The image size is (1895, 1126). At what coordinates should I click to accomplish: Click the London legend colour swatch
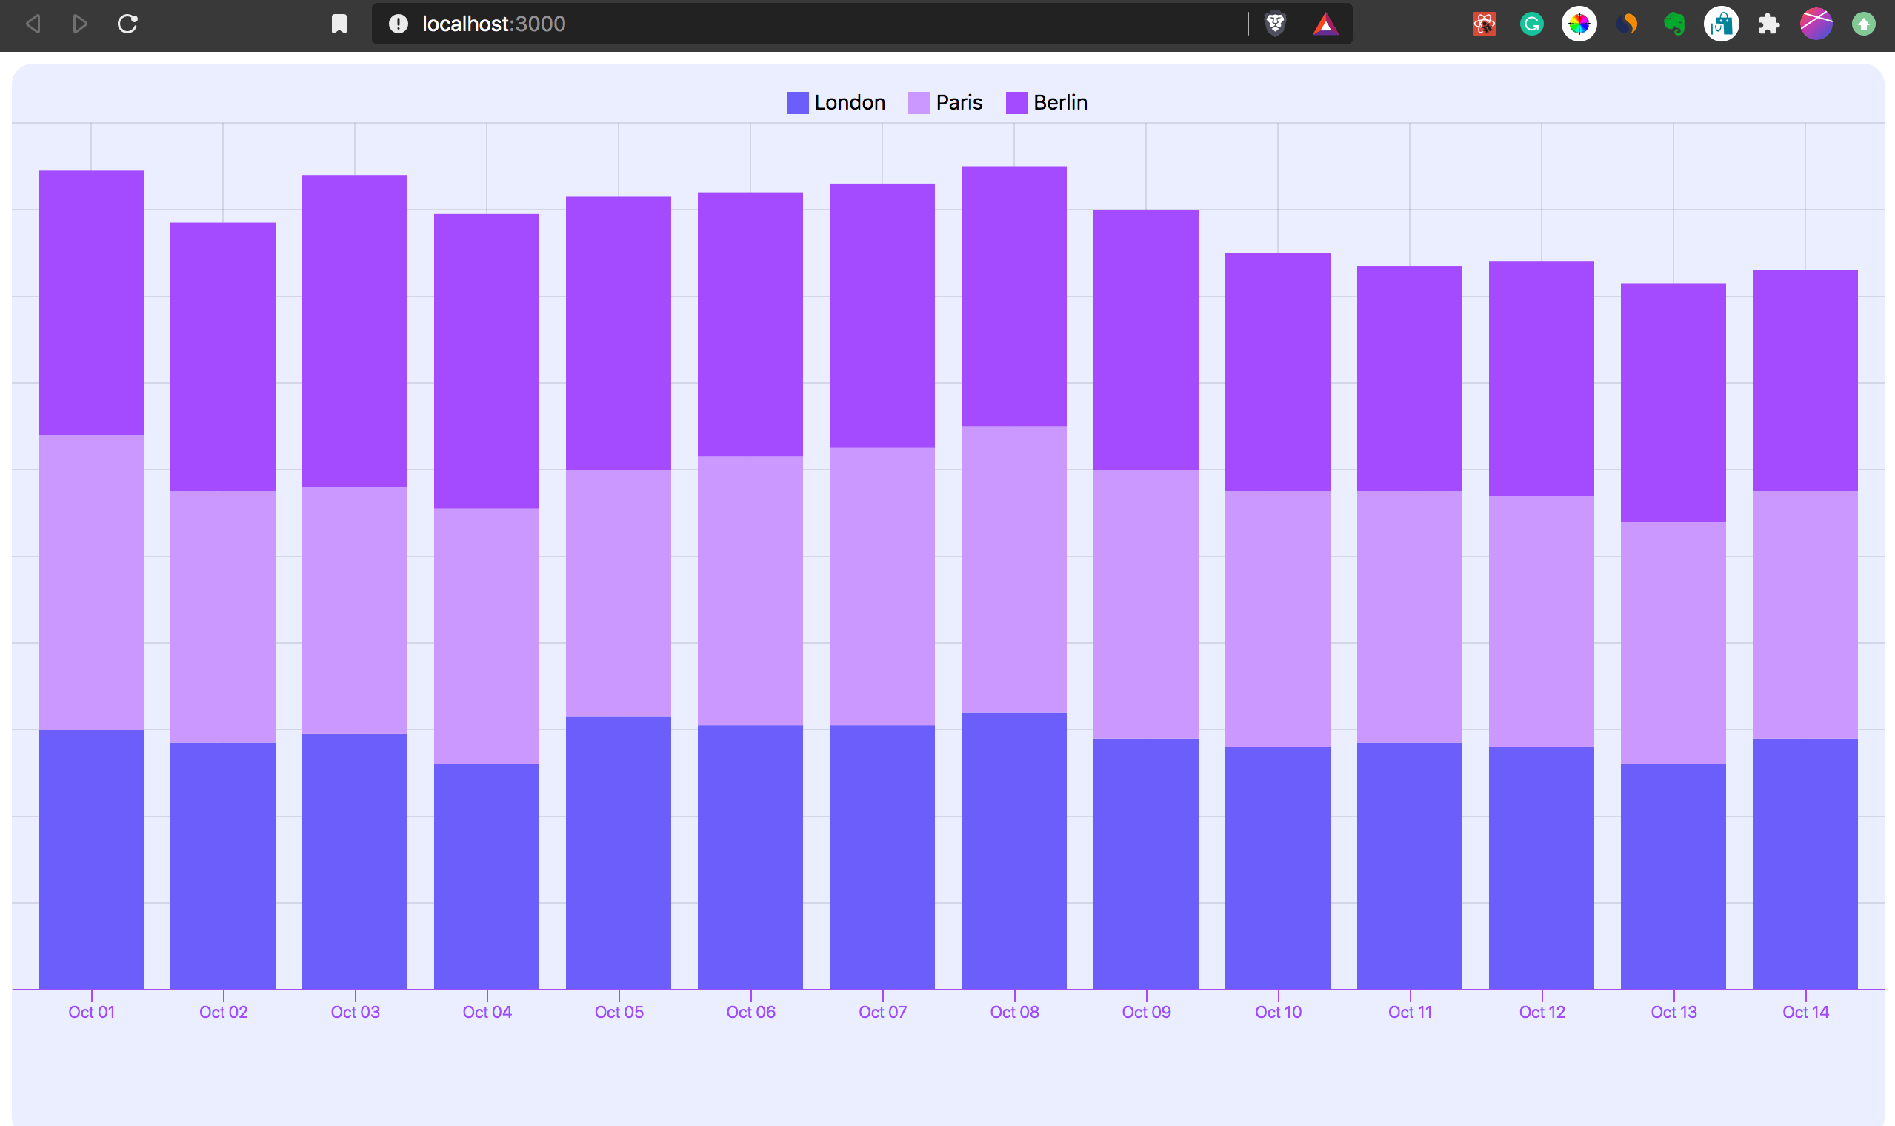click(797, 102)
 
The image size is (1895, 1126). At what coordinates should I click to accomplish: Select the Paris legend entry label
click(959, 102)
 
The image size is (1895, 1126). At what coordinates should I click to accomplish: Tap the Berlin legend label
click(1060, 102)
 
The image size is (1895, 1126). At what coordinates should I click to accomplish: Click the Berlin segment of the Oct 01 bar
click(91, 303)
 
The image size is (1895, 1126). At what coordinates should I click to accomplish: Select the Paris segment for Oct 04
click(486, 636)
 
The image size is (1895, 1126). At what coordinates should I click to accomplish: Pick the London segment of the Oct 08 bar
click(1013, 850)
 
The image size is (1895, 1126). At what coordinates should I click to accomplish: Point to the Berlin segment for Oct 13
click(1673, 402)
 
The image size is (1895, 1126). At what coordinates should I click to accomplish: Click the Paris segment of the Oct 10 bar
click(1277, 619)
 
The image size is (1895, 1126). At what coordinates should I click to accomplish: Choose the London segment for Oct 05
click(619, 853)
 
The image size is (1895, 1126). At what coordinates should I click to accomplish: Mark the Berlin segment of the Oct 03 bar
click(354, 331)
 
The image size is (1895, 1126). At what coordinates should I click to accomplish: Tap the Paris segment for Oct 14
click(1805, 615)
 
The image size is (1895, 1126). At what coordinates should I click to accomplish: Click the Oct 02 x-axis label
click(223, 1012)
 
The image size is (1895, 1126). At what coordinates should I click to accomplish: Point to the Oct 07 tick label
click(882, 1012)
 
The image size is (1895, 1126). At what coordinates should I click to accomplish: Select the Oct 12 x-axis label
click(1542, 1012)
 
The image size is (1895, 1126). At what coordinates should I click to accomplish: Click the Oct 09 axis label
click(1145, 1012)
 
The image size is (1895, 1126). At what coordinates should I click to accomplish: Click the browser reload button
click(127, 24)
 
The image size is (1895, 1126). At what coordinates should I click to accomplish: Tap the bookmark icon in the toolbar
click(339, 24)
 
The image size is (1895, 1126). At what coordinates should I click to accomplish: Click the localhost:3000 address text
click(493, 24)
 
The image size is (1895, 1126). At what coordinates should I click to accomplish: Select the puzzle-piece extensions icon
click(1768, 24)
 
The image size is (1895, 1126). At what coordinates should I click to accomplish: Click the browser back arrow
click(33, 24)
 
